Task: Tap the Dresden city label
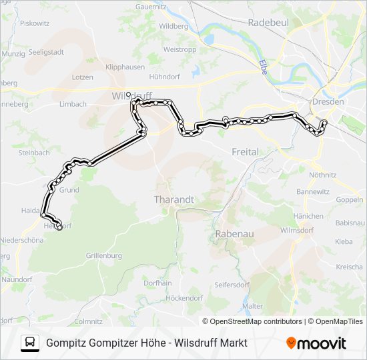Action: click(x=327, y=102)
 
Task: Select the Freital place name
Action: click(x=245, y=152)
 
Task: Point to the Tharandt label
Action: click(x=173, y=199)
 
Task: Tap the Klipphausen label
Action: click(x=124, y=68)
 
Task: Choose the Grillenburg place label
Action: click(x=103, y=255)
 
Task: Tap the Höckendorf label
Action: click(x=184, y=298)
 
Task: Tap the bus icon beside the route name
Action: click(x=29, y=343)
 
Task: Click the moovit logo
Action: click(x=316, y=343)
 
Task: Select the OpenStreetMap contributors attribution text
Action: click(x=256, y=321)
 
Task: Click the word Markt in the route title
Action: click(x=232, y=343)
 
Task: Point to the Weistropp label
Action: click(x=179, y=49)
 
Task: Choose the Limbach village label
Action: click(x=73, y=104)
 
